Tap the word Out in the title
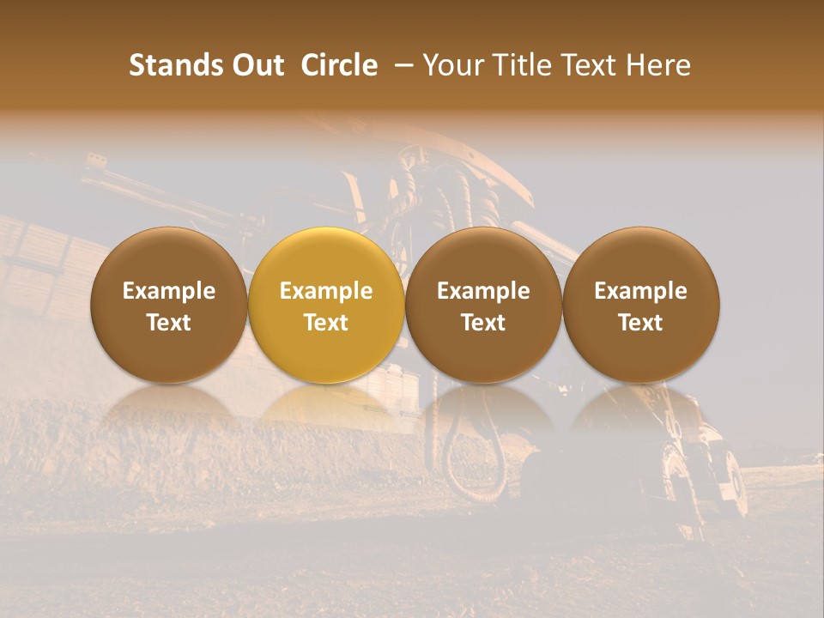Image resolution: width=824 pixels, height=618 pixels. click(x=256, y=65)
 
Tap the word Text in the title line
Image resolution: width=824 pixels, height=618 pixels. click(x=589, y=65)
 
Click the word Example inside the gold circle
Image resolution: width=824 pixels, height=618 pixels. click(x=326, y=291)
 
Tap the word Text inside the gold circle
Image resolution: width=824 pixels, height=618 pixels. click(x=326, y=323)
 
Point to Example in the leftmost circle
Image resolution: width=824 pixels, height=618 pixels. click(x=168, y=291)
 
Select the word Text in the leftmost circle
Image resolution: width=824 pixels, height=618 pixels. click(x=168, y=323)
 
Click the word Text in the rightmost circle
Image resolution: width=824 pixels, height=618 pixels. click(x=641, y=323)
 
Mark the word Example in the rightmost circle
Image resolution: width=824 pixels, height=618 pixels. click(x=641, y=291)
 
